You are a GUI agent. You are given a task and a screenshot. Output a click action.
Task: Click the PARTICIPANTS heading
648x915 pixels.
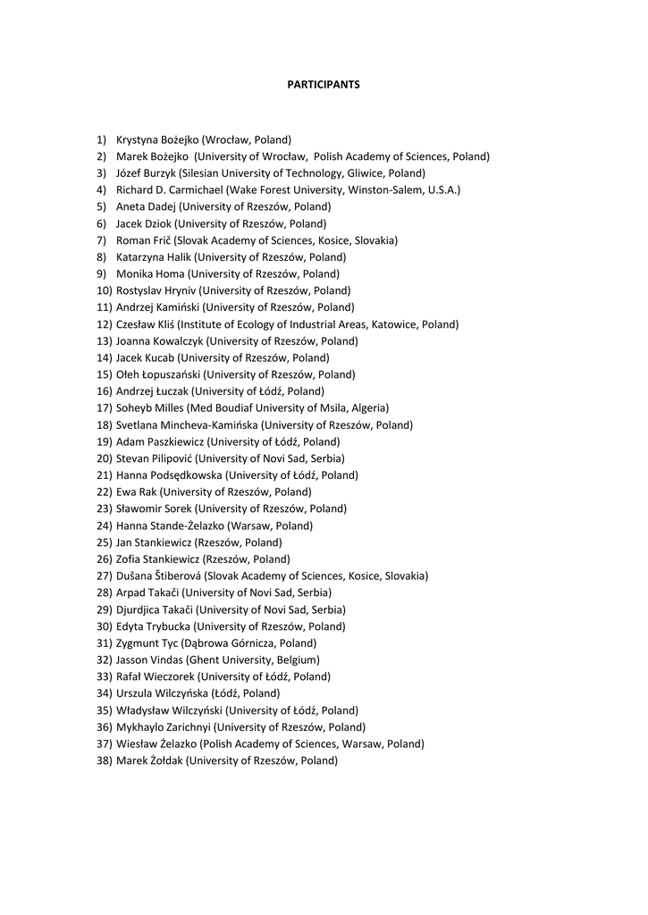[x=324, y=84]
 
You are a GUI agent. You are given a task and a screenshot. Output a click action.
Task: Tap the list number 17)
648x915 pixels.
[x=104, y=408]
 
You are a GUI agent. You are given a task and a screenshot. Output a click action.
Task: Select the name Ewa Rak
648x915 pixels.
[x=137, y=492]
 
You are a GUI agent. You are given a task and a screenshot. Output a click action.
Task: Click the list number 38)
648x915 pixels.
[x=104, y=761]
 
